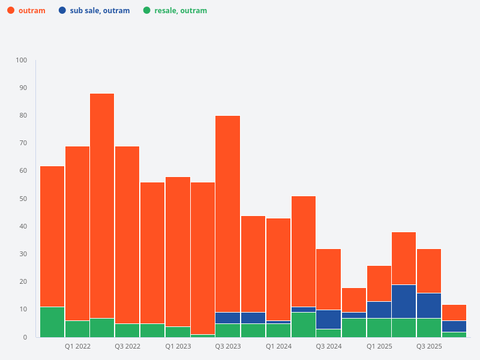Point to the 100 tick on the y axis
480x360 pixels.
pos(22,60)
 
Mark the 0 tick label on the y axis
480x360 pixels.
pos(25,337)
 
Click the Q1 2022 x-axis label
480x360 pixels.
pos(77,346)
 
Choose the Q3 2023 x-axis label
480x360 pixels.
pos(228,346)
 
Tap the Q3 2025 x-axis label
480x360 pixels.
pos(429,346)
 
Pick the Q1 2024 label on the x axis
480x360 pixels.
pos(278,346)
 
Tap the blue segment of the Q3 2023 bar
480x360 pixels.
pos(228,318)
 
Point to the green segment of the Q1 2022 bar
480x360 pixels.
pos(77,329)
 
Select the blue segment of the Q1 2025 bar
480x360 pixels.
pos(379,310)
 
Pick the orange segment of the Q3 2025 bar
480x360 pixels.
pos(429,271)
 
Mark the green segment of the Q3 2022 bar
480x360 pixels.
pos(127,330)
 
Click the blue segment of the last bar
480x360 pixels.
pos(454,326)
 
